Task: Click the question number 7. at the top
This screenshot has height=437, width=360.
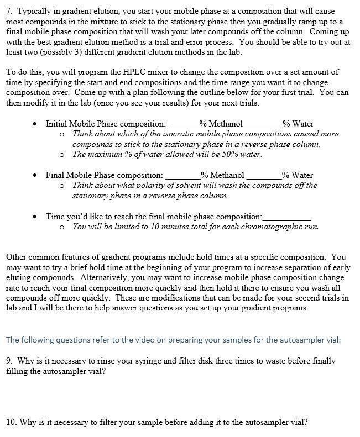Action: click(x=9, y=11)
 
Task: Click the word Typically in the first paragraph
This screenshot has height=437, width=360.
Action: click(x=35, y=11)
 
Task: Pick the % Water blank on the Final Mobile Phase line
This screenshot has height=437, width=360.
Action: click(x=263, y=176)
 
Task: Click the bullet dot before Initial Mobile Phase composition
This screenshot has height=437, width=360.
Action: click(x=34, y=124)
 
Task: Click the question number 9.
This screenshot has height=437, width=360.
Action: click(x=9, y=361)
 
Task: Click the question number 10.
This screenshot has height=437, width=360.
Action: click(x=12, y=423)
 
